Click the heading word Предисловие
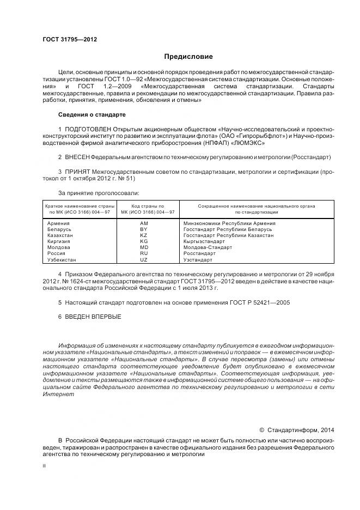(x=189, y=57)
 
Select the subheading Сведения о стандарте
(x=91, y=115)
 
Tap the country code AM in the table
(x=144, y=224)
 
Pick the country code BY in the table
(x=144, y=229)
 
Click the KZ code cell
(x=144, y=235)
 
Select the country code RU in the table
(x=144, y=253)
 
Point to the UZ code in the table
(x=144, y=260)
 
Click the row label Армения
(x=58, y=224)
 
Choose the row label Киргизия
(x=59, y=241)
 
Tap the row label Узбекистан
(x=62, y=260)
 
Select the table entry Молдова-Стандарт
(x=208, y=247)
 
